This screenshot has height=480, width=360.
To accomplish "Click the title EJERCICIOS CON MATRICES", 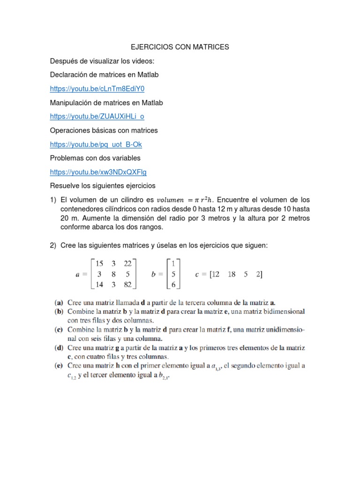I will (x=180, y=47).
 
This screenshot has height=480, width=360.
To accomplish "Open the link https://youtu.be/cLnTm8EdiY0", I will (x=97, y=89).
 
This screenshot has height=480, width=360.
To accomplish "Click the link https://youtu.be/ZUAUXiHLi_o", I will (x=97, y=116).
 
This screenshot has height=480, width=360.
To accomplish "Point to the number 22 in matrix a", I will (x=127, y=263).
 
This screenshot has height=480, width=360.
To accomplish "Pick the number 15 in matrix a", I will (x=99, y=263).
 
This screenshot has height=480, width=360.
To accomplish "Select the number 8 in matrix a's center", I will (x=114, y=274).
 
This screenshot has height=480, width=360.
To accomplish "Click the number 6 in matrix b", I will (x=173, y=285).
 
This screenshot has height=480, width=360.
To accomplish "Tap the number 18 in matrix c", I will (x=231, y=274).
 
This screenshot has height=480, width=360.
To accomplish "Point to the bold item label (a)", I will (x=60, y=303).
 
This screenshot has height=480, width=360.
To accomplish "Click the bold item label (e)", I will (x=60, y=365).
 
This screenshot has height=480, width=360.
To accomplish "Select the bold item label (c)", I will (x=60, y=330).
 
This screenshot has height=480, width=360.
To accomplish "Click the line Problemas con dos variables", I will (x=95, y=158).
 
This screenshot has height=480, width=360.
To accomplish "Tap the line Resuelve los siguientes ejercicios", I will (x=103, y=186).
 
